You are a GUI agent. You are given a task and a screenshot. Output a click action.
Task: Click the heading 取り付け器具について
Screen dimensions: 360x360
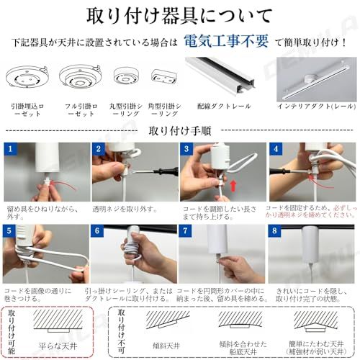click(180, 15)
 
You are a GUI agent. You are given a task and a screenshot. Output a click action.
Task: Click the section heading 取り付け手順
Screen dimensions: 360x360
click(180, 131)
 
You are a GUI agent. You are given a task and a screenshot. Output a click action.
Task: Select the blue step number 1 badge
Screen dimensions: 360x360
click(12, 149)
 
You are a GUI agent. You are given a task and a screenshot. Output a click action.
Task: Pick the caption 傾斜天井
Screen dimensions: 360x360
click(170, 345)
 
